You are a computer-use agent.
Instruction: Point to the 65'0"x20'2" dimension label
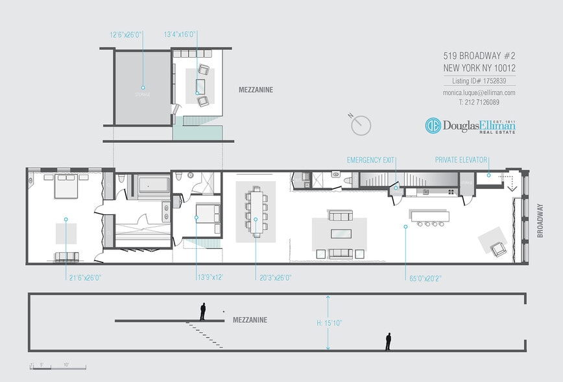424,277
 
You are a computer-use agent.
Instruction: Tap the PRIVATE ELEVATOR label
461,159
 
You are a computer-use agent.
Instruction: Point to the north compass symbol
360,124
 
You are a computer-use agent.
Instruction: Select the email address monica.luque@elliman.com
479,93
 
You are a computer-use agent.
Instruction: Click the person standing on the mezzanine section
203,312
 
